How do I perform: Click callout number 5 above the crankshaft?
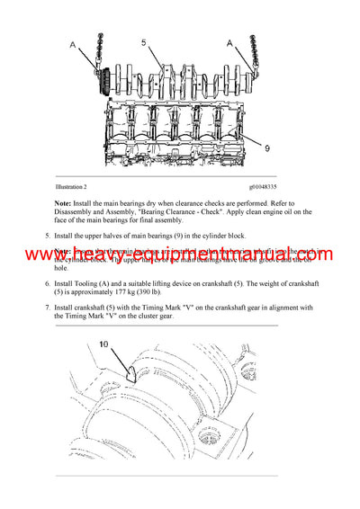pyautogui.click(x=143, y=42)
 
